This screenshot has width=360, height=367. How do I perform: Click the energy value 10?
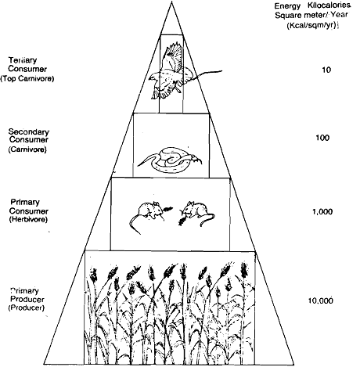[326, 70]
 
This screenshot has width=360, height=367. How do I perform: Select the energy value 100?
[322, 138]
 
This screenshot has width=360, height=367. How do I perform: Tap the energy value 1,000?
[322, 211]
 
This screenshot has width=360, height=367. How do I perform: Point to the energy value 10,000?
[321, 300]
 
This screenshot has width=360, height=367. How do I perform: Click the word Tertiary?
[23, 60]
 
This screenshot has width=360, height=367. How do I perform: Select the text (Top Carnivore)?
[27, 78]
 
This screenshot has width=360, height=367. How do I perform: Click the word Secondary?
[28, 131]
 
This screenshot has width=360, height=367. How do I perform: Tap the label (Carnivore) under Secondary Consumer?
[27, 149]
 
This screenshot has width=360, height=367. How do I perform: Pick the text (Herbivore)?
[28, 219]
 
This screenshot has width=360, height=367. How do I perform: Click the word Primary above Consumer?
[25, 202]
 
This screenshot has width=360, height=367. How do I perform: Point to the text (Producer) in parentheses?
[27, 308]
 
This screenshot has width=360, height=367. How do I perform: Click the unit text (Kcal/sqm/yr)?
[311, 26]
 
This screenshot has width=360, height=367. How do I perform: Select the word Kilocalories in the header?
[329, 5]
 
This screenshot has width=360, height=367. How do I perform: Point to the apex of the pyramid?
[171, 2]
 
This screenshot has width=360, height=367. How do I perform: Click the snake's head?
[196, 158]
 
